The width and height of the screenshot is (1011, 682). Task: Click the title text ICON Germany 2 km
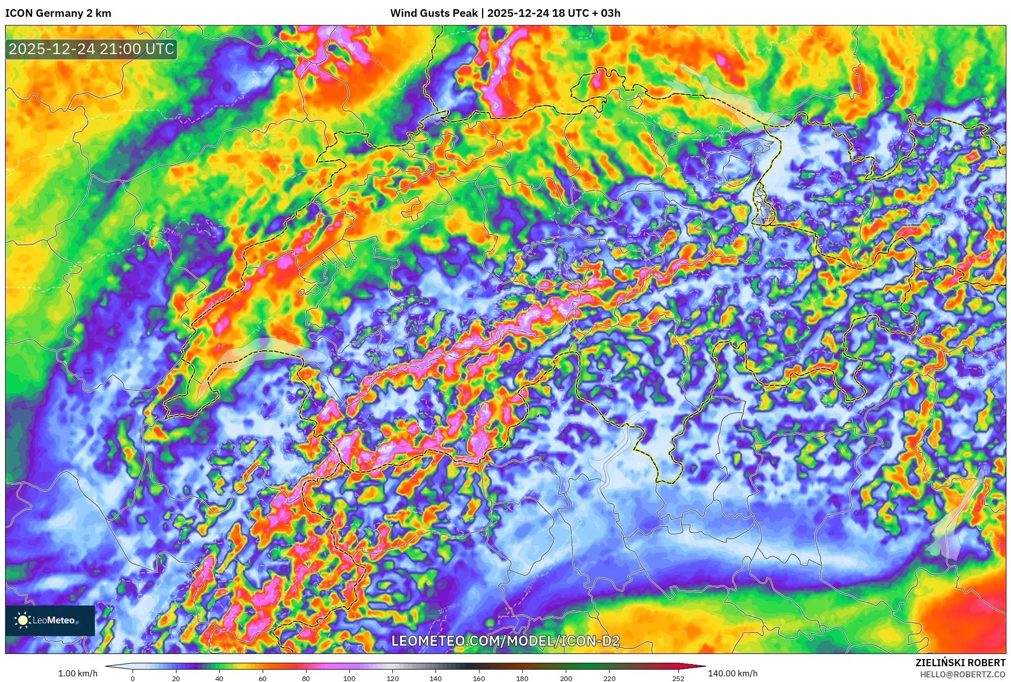58,13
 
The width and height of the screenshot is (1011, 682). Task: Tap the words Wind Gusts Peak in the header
434,13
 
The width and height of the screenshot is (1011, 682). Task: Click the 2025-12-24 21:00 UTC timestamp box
91,49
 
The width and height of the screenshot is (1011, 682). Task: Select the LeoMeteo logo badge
50,620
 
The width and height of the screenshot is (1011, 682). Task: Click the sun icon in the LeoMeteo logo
22,620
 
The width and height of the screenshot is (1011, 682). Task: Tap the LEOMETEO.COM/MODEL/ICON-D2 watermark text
505,641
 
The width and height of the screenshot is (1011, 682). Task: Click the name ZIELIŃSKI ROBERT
960,663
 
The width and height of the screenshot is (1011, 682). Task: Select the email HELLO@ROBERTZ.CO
963,674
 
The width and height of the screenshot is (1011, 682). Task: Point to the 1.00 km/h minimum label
78,673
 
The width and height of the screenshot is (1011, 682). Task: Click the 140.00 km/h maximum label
732,673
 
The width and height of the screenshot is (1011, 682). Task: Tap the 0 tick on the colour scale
133,678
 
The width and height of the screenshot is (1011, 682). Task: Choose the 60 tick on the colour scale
262,678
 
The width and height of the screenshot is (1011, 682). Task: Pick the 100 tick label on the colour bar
349,678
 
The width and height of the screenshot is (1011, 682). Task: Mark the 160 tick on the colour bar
478,678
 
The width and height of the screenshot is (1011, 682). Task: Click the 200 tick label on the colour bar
566,678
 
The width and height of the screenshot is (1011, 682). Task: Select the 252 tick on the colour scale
678,678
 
